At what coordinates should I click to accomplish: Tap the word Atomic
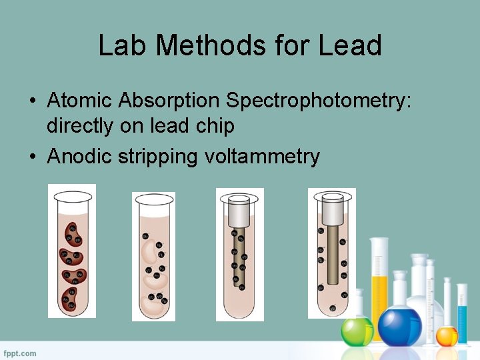80,101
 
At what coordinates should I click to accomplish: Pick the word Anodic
80,157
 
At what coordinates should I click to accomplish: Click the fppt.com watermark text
20,353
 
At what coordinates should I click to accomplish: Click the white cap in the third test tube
238,212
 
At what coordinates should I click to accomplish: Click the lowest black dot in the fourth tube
332,308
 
